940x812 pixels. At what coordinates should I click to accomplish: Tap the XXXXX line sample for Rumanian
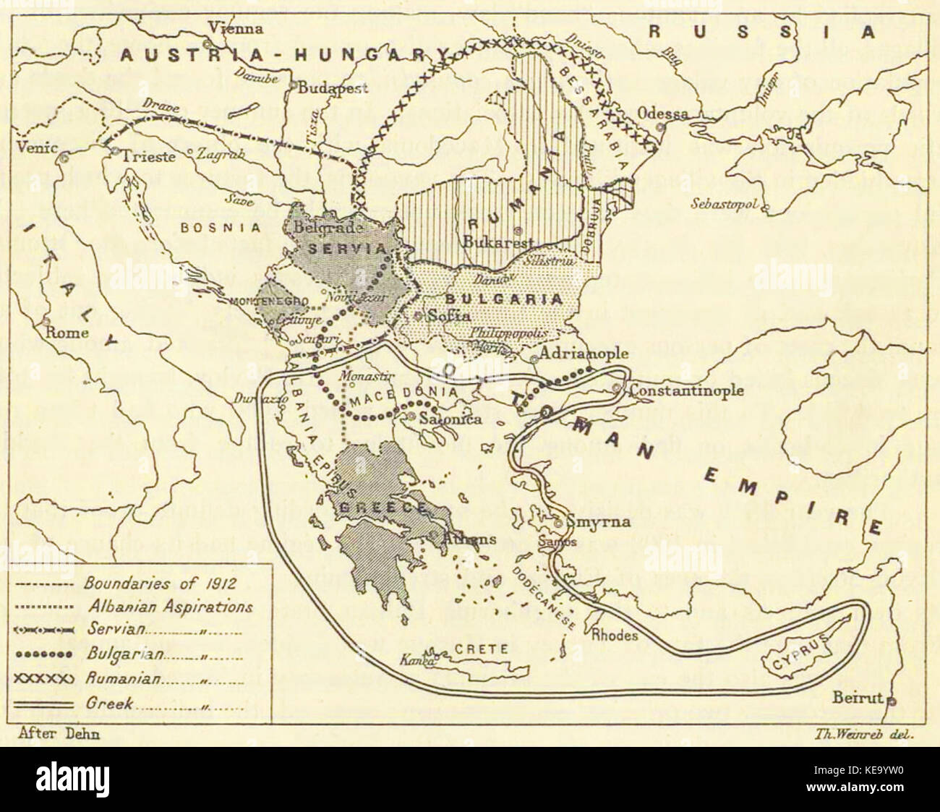coord(43,679)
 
